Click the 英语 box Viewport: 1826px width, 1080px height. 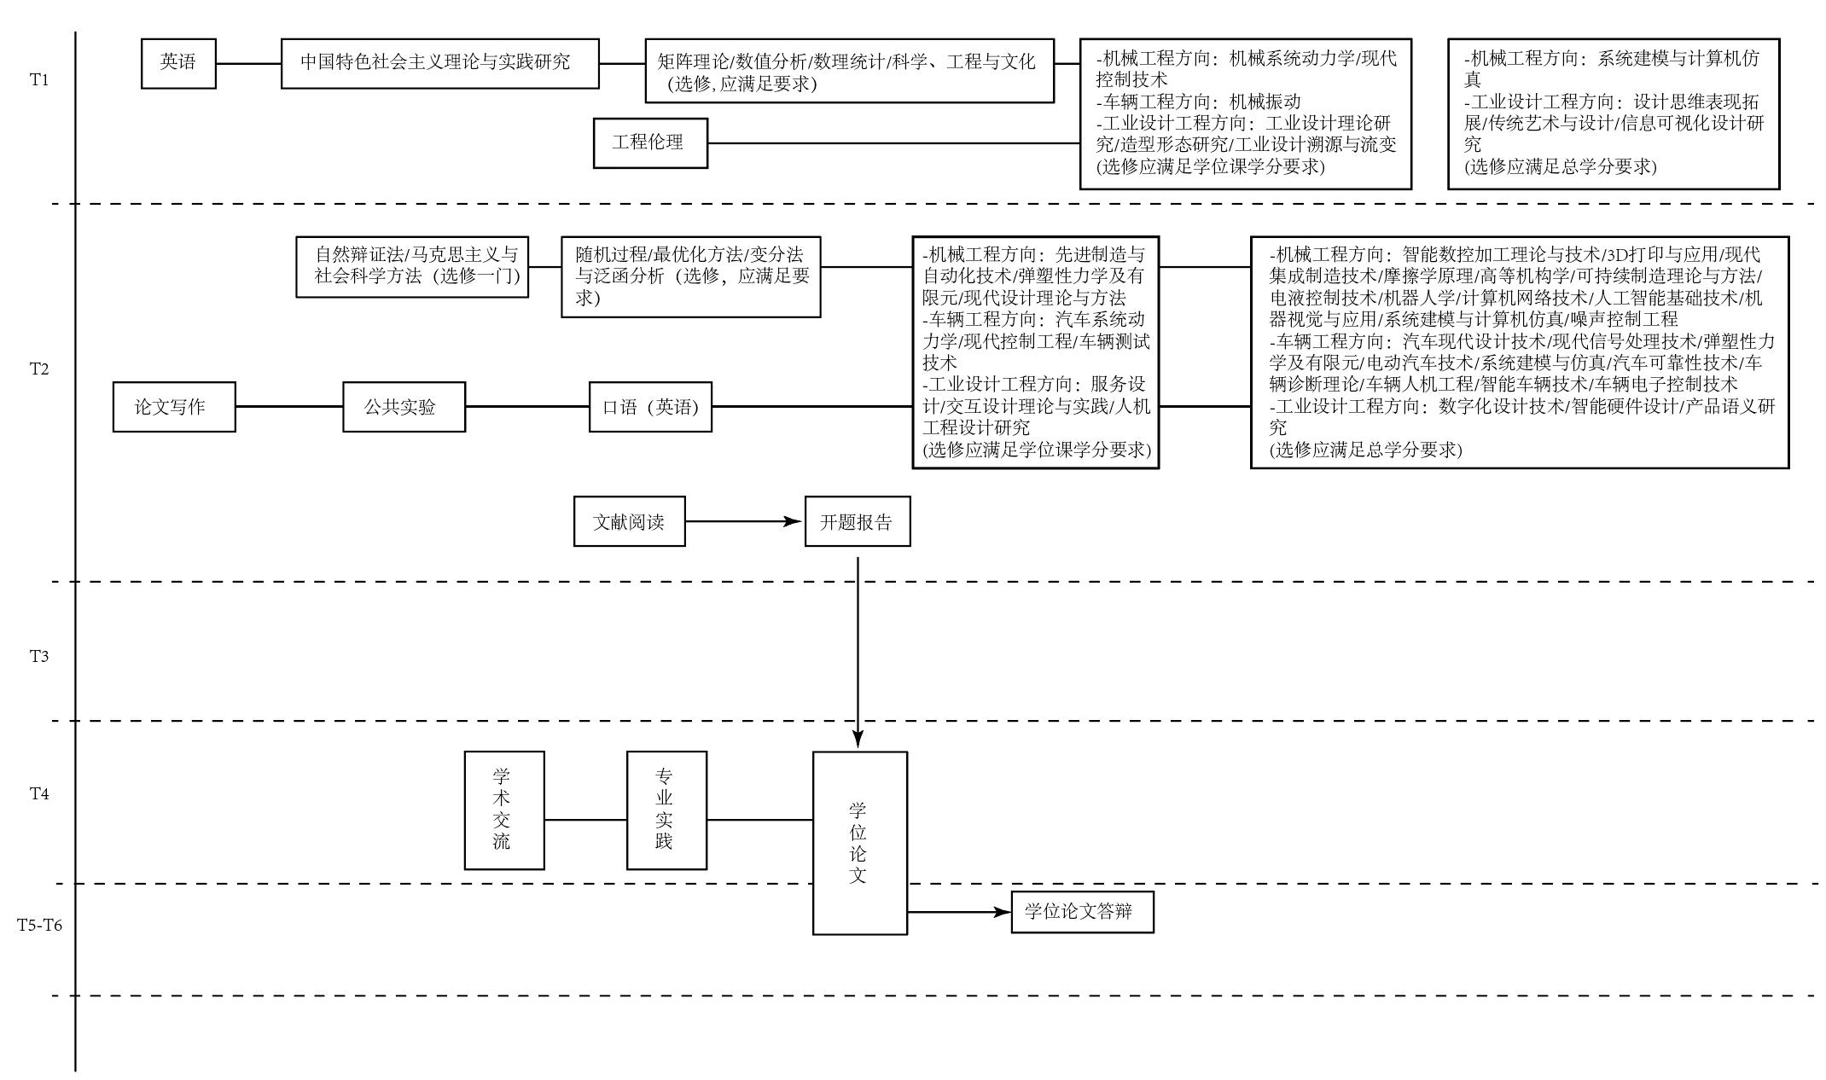tap(178, 63)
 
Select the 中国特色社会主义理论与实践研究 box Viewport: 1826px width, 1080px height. tap(439, 63)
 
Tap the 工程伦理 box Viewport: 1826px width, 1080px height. tap(650, 142)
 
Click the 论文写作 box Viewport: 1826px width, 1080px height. tap(174, 407)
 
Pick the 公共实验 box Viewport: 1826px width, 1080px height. tap(404, 407)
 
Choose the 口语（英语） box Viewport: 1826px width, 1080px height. tap(650, 407)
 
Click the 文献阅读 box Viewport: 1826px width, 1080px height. tap(629, 521)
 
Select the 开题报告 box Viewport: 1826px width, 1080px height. tap(858, 521)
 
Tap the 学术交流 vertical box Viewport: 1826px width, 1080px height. tap(504, 810)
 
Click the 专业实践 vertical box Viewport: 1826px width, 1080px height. tap(666, 810)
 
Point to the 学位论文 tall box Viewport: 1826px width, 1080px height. tap(859, 842)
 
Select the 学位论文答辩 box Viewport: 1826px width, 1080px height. tap(1082, 912)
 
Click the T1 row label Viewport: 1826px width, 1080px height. tap(40, 80)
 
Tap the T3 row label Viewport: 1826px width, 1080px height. tap(40, 656)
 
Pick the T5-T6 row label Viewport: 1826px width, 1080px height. tap(40, 925)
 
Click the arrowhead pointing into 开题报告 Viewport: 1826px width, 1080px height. tap(795, 521)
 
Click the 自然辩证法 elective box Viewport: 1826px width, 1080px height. tap(412, 266)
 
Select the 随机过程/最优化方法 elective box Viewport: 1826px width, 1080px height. tap(690, 276)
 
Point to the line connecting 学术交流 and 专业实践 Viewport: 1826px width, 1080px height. tap(585, 820)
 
